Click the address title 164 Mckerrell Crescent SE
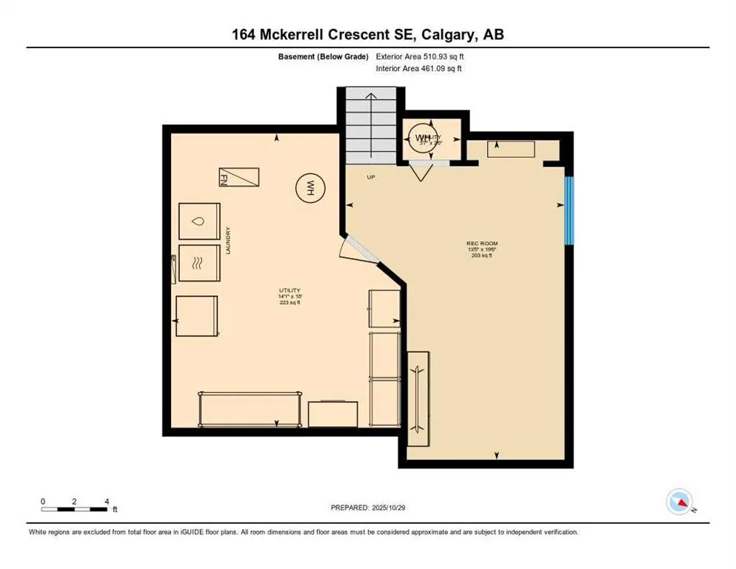coord(367,34)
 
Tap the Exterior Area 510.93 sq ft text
coord(420,56)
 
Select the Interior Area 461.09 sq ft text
coord(418,69)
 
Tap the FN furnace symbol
coord(238,177)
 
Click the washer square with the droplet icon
coord(199,221)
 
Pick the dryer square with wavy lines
coord(199,262)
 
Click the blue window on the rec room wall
coord(569,210)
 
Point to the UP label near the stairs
coord(371,177)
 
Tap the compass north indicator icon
coord(679,502)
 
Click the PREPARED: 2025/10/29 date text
coord(367,508)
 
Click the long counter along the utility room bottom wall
coord(250,409)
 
